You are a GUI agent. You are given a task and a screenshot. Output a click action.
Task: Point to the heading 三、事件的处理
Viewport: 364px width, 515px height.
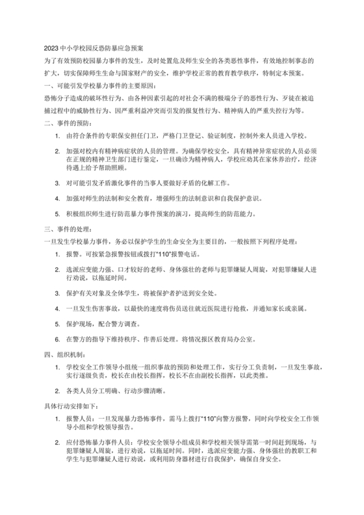(x=68, y=229)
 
